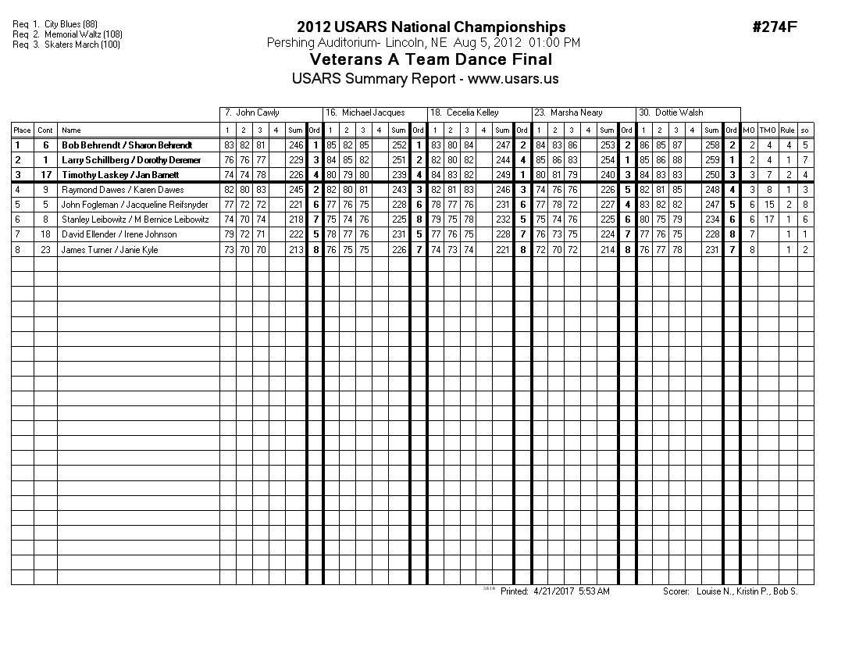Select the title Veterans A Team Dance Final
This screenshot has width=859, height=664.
point(431,59)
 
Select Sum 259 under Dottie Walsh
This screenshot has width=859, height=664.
point(711,160)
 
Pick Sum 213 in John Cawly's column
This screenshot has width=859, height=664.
point(294,249)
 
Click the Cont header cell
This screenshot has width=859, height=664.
point(45,130)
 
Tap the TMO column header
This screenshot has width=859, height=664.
point(768,130)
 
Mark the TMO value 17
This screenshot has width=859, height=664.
point(769,220)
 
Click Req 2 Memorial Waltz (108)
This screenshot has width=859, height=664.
point(67,34)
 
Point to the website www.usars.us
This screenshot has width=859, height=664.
point(513,79)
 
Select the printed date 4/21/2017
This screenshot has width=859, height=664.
point(554,591)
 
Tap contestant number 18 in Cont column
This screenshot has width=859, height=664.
point(45,234)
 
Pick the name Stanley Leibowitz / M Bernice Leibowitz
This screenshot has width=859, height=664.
point(135,220)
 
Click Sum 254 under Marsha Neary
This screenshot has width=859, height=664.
point(607,160)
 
